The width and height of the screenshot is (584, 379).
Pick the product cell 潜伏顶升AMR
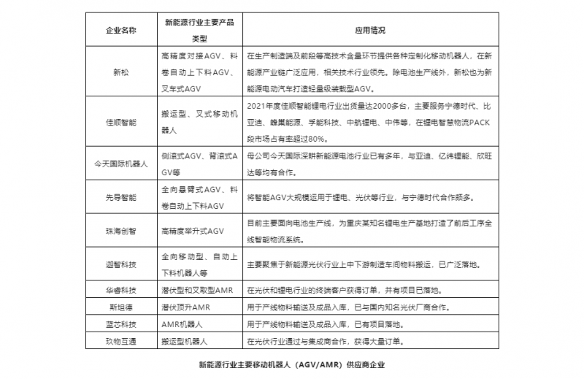coord(185,306)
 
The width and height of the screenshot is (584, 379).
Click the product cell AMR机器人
coord(182,323)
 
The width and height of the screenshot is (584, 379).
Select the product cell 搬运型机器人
coord(185,340)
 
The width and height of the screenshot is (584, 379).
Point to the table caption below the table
coord(291,363)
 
